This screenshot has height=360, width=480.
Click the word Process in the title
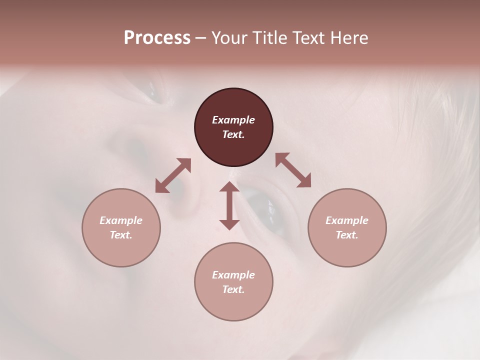point(157,38)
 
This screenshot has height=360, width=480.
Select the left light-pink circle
point(121,250)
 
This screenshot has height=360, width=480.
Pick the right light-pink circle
point(347,250)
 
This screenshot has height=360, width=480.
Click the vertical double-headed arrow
point(229,205)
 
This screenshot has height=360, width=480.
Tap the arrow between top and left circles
point(173,175)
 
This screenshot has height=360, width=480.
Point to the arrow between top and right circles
point(293,170)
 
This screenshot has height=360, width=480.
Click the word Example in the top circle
point(233,120)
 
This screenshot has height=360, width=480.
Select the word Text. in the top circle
point(233,134)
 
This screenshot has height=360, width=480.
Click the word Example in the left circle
point(121,220)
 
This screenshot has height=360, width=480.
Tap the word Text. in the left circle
point(121,235)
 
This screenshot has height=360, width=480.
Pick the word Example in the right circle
point(347,220)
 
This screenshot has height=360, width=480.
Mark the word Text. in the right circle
point(347,235)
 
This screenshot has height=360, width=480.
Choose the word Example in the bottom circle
point(233,275)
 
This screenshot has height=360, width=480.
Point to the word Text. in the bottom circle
point(233,289)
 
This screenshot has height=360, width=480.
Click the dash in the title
point(201,38)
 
